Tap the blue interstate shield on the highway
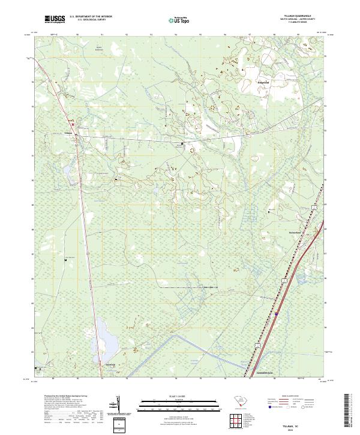point(276,313)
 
